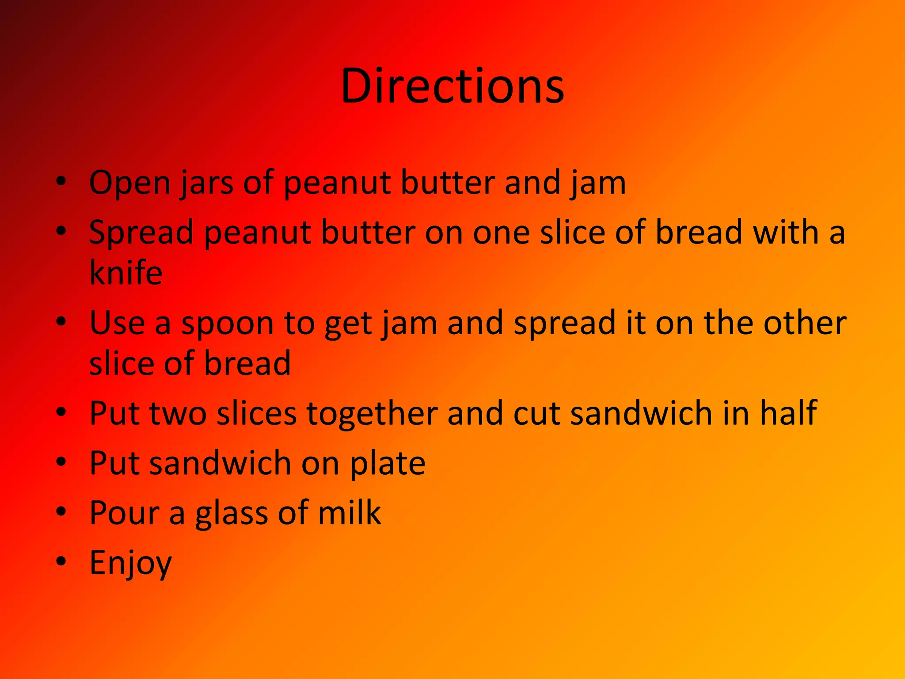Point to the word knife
[x=126, y=272]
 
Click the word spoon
[x=228, y=324]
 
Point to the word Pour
[x=124, y=513]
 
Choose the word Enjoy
[x=130, y=563]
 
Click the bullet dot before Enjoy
[x=61, y=561]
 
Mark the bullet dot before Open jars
[x=61, y=181]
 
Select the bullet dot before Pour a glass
[x=61, y=511]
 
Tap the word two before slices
[x=178, y=413]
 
